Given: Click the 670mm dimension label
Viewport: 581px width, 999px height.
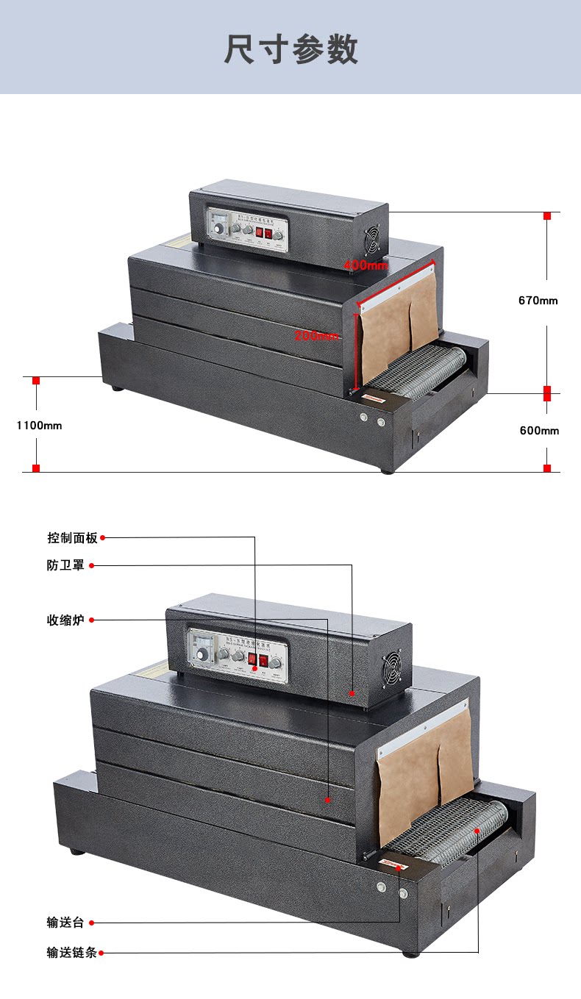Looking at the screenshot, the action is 538,300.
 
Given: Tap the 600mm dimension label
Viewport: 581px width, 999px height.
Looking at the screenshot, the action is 539,430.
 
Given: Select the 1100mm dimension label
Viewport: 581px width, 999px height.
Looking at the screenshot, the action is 39,425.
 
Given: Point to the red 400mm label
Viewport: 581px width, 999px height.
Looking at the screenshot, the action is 366,265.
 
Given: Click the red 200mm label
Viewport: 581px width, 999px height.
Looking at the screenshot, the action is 317,335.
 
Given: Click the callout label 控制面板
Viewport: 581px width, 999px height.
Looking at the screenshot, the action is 72,538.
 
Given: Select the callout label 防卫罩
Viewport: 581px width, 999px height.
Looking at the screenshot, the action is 65,565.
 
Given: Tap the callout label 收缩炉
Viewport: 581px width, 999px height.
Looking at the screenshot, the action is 65,620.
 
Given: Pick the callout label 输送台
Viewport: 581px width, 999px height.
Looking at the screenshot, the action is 65,923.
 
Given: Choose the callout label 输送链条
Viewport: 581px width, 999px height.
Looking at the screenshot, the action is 71,953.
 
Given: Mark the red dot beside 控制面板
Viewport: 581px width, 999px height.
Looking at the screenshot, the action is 103,538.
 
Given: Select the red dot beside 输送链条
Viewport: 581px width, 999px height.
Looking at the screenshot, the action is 101,953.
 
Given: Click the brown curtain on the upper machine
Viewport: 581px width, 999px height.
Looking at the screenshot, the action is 397,323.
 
